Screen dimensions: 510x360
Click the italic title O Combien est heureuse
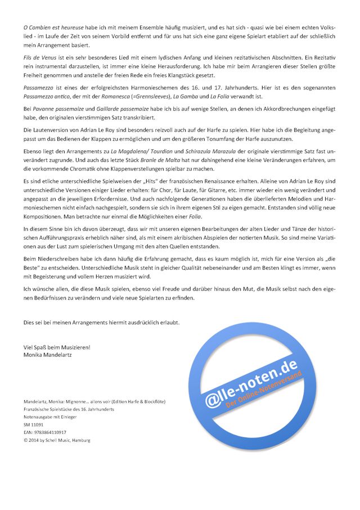tap(54, 27)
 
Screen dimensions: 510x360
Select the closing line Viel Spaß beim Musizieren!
tap(57, 348)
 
